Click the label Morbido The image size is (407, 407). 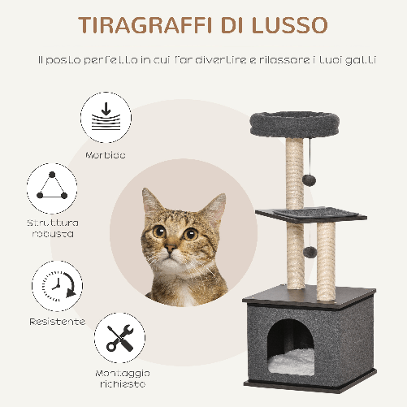point(106,154)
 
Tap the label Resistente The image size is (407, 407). point(58,322)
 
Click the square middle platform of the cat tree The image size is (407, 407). point(300,214)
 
